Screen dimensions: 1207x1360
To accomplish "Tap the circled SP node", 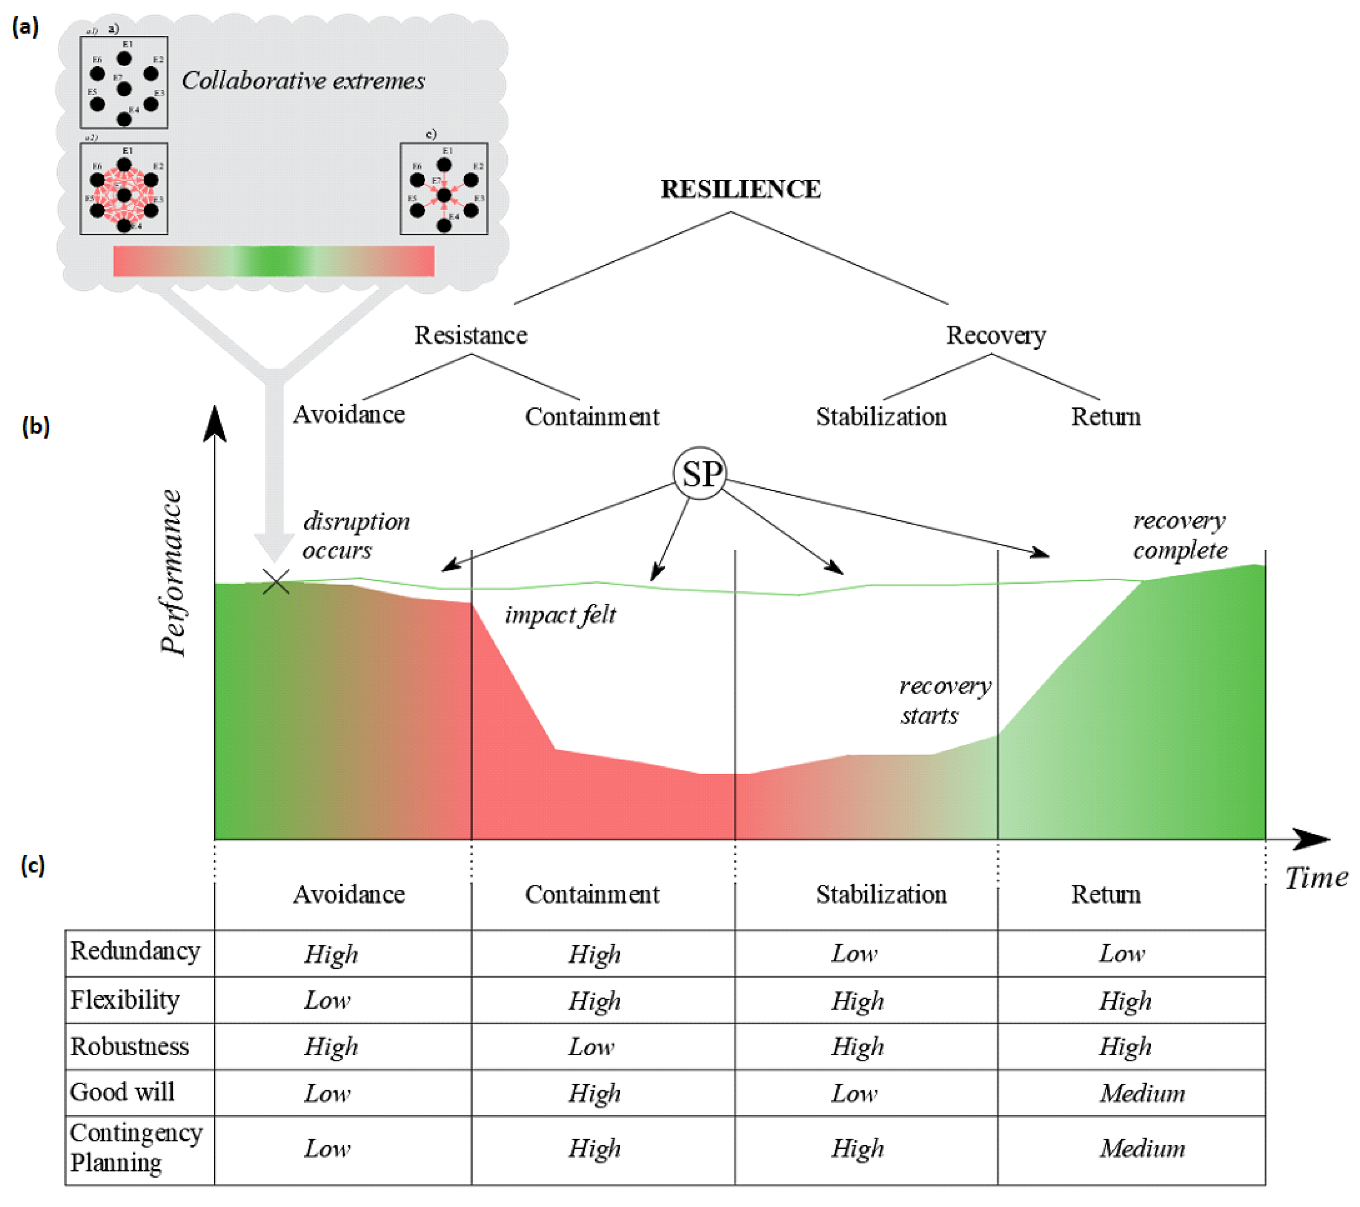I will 700,474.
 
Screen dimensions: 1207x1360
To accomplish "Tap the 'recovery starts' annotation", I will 944,700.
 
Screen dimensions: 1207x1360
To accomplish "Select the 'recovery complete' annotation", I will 1180,535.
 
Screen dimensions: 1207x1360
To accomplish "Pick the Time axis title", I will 1316,878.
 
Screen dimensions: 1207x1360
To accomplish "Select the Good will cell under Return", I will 1142,1093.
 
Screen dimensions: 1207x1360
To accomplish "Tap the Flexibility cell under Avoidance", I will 327,1000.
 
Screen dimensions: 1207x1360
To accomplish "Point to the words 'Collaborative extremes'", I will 303,80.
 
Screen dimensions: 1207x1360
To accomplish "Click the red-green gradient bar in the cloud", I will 274,261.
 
